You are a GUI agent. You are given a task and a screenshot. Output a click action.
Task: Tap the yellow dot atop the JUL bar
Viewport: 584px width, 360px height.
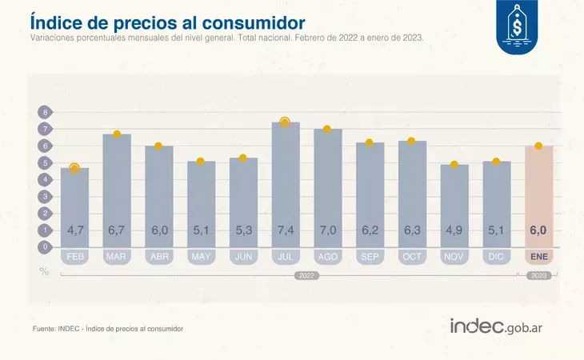pyautogui.click(x=285, y=122)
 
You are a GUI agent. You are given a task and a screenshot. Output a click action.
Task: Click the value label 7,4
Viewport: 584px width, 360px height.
pyautogui.click(x=285, y=230)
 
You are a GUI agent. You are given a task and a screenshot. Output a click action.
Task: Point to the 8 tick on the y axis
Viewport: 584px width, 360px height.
pyautogui.click(x=45, y=113)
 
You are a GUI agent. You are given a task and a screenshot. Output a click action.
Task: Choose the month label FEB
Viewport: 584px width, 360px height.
pyautogui.click(x=75, y=257)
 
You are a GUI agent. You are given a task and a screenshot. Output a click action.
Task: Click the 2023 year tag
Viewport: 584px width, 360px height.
pyautogui.click(x=538, y=275)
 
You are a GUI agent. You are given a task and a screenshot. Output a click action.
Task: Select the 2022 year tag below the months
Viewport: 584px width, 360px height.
pyautogui.click(x=306, y=275)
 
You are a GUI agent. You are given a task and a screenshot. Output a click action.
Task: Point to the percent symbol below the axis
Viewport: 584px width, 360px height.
pyautogui.click(x=45, y=270)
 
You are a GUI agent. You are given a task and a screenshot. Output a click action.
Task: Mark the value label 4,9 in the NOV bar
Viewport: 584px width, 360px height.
pyautogui.click(x=454, y=230)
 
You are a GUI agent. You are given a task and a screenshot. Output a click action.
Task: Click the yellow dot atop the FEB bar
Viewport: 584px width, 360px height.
pyautogui.click(x=75, y=168)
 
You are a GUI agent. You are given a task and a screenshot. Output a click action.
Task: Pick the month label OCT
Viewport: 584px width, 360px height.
pyautogui.click(x=412, y=257)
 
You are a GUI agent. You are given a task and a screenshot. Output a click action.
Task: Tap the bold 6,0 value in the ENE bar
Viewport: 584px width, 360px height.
pyautogui.click(x=538, y=230)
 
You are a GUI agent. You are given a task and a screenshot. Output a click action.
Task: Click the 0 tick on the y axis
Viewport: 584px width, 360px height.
pyautogui.click(x=45, y=247)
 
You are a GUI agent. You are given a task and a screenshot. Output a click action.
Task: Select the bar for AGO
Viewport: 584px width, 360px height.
pyautogui.click(x=327, y=188)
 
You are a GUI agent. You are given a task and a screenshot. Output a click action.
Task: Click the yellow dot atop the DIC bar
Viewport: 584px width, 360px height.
pyautogui.click(x=496, y=162)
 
